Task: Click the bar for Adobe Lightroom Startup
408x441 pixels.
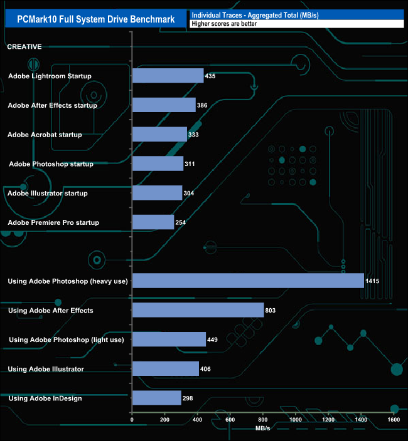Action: (x=168, y=76)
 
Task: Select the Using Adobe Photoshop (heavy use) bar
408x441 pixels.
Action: (x=248, y=281)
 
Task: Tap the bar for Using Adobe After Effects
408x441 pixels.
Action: (x=198, y=310)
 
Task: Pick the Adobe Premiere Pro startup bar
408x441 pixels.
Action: (x=153, y=222)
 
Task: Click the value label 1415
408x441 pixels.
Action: (x=373, y=281)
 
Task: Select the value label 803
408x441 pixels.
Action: (x=271, y=311)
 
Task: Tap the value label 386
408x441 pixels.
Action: (x=202, y=106)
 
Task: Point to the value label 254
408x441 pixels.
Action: (x=181, y=223)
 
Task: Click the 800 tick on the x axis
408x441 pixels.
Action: (x=262, y=420)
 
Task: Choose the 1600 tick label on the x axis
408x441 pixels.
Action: (x=394, y=420)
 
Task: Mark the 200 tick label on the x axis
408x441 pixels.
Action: (x=164, y=420)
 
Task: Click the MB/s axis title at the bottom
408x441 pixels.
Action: (x=262, y=428)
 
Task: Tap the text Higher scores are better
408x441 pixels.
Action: (x=224, y=24)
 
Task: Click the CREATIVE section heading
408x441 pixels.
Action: (x=24, y=46)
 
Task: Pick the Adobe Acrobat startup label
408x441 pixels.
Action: (x=45, y=135)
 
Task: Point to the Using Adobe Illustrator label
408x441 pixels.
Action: (x=46, y=369)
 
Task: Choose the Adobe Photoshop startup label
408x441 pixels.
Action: (x=51, y=164)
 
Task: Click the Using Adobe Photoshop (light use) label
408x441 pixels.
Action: (x=66, y=340)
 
